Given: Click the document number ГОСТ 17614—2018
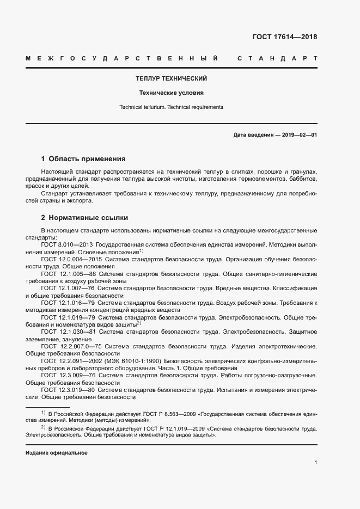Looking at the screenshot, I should (284, 37).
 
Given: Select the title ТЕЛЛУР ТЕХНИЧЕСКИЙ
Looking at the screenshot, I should (172, 78).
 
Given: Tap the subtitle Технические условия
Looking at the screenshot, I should (172, 93).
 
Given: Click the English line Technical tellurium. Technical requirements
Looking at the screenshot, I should (172, 107).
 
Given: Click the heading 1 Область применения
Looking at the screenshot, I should (83, 159).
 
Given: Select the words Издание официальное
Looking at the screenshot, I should (57, 453).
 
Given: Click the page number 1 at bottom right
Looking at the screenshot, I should (315, 463).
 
